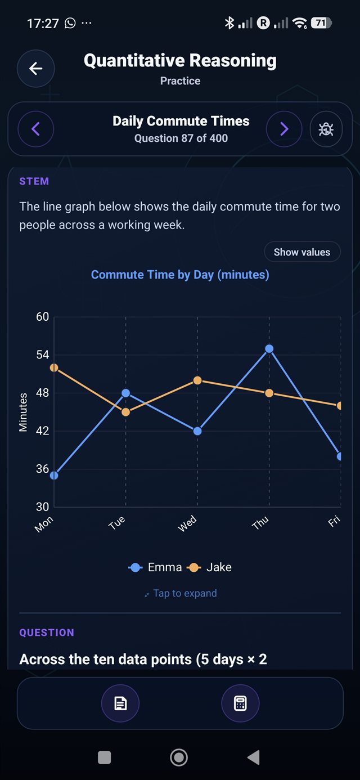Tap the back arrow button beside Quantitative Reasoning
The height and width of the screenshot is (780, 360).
[35, 69]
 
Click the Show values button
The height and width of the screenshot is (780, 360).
[302, 252]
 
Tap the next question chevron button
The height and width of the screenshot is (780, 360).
[284, 129]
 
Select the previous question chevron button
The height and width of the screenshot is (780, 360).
[36, 129]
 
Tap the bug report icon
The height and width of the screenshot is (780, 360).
[326, 129]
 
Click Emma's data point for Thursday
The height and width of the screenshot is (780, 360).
[269, 348]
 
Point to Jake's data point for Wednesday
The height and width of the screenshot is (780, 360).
[197, 380]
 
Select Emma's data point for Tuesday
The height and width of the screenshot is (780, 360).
[125, 393]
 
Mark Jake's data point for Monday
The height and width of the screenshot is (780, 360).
[54, 367]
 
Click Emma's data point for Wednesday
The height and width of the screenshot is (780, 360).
[197, 431]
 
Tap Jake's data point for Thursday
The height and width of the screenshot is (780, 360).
[269, 393]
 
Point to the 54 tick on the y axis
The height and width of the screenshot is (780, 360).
[43, 355]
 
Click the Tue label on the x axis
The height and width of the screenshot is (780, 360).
[116, 523]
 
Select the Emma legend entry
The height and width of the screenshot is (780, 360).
[155, 567]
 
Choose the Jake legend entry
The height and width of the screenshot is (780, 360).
[209, 567]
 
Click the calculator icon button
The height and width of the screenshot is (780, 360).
[240, 703]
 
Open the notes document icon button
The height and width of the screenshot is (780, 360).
[120, 703]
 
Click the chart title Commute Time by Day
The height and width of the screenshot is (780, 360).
[180, 275]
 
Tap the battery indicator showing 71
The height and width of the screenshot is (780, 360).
[321, 23]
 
